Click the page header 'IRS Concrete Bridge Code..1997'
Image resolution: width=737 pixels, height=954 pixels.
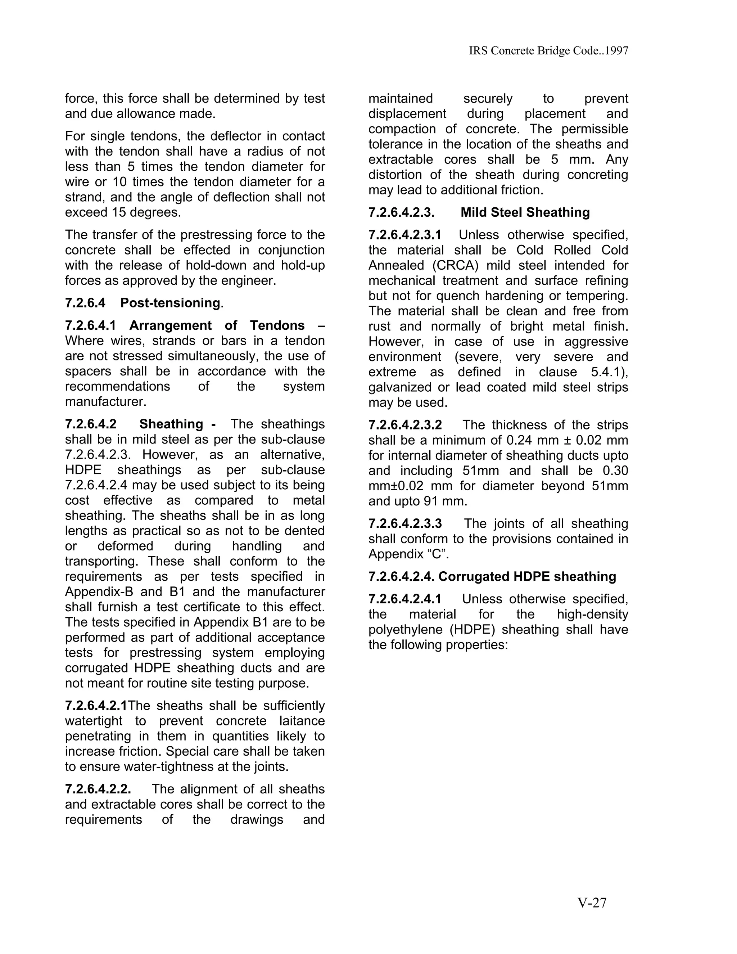click(548, 51)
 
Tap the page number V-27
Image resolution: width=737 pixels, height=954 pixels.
click(592, 903)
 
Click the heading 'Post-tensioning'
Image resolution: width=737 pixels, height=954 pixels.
click(170, 303)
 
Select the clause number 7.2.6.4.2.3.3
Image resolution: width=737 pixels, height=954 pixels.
click(405, 523)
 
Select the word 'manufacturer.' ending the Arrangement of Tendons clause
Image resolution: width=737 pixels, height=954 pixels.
click(103, 402)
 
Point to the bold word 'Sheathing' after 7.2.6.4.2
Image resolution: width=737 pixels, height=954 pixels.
click(171, 424)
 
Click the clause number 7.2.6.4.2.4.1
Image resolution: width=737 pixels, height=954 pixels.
click(405, 599)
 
